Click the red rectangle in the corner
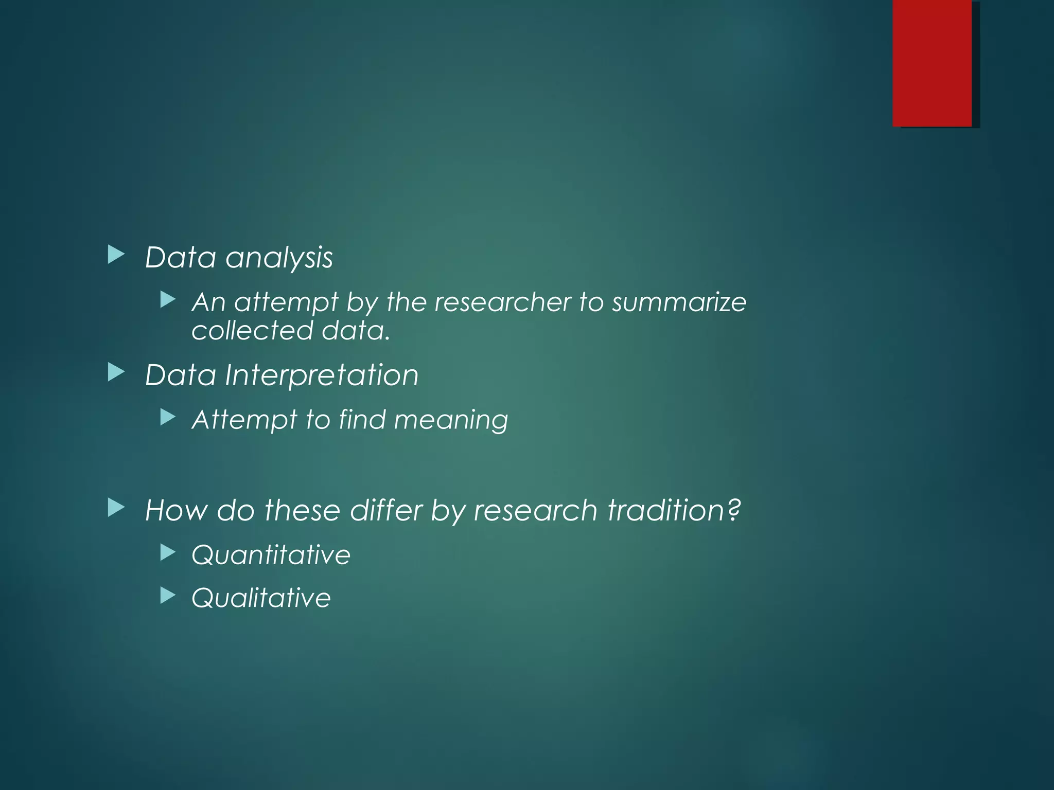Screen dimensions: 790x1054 pos(932,63)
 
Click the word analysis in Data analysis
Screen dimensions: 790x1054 pos(279,258)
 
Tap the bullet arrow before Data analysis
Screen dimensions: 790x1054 pos(116,255)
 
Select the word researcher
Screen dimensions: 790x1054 pos(502,302)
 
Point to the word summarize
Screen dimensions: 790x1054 pos(679,302)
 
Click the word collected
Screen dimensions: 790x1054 pos(252,330)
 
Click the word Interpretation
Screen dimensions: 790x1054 pos(322,375)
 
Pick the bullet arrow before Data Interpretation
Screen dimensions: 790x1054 pos(116,372)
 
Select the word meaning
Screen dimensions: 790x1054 pos(451,420)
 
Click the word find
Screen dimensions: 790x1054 pos(362,419)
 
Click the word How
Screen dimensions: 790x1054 pos(176,511)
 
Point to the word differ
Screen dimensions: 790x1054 pos(385,511)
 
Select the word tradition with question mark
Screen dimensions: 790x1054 pos(674,511)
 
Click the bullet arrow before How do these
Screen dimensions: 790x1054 pos(116,508)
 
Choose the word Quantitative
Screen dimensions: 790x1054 pos(271,555)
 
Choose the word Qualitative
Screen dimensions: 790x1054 pos(261,598)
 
